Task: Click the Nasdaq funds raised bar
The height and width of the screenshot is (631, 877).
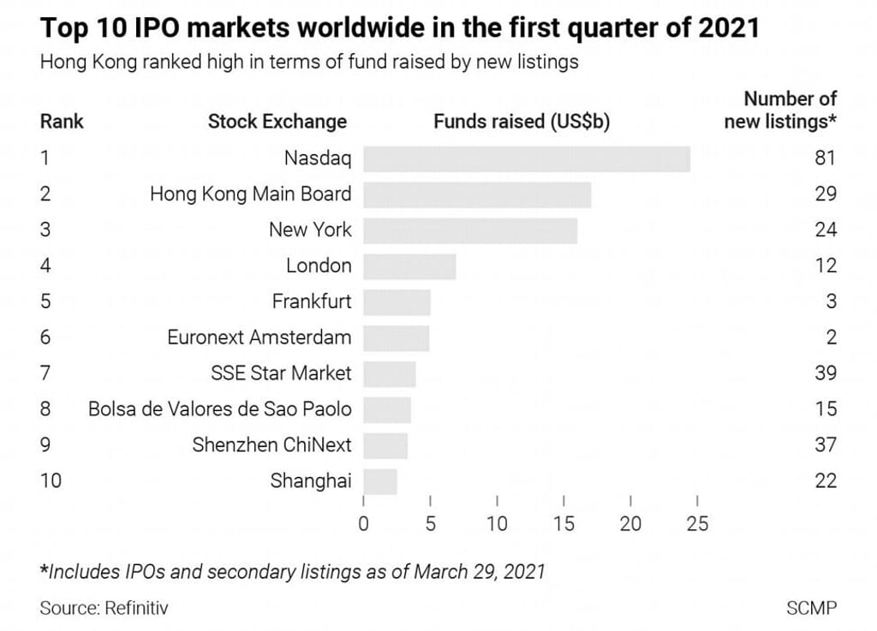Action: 527,158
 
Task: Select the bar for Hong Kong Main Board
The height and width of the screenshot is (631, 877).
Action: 477,194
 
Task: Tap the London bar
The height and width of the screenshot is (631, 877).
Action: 409,266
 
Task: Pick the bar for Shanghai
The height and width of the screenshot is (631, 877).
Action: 380,481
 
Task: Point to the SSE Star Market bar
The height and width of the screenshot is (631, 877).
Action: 390,373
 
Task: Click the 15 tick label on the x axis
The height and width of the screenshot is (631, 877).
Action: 564,524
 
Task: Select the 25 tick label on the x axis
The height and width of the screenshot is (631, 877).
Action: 697,524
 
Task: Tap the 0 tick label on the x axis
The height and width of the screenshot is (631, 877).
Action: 364,524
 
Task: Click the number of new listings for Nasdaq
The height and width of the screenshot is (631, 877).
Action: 826,158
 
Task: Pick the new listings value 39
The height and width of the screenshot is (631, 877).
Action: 826,373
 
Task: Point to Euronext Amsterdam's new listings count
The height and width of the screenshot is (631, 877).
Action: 831,337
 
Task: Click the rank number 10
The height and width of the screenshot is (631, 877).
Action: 51,481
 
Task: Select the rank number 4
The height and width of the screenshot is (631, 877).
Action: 45,266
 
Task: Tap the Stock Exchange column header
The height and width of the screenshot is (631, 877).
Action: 277,122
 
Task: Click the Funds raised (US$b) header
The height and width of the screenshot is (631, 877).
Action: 522,122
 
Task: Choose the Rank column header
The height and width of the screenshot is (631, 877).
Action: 62,122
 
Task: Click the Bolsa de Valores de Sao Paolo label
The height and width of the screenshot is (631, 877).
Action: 220,409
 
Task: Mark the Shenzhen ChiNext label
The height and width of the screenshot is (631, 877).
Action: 271,445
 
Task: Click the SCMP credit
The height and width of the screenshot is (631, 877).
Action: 811,609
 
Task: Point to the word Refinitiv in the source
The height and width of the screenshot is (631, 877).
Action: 136,609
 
